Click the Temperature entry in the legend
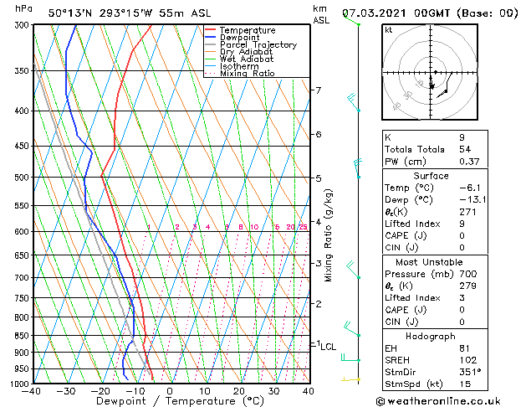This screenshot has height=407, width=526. click(248, 30)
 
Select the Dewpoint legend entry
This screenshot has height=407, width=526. click(241, 38)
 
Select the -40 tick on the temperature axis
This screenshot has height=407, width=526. click(32, 391)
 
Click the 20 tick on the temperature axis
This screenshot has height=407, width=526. click(238, 391)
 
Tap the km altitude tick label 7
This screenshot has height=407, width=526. click(317, 90)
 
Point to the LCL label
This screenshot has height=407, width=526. click(329, 346)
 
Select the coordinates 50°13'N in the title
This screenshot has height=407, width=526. click(74, 13)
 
